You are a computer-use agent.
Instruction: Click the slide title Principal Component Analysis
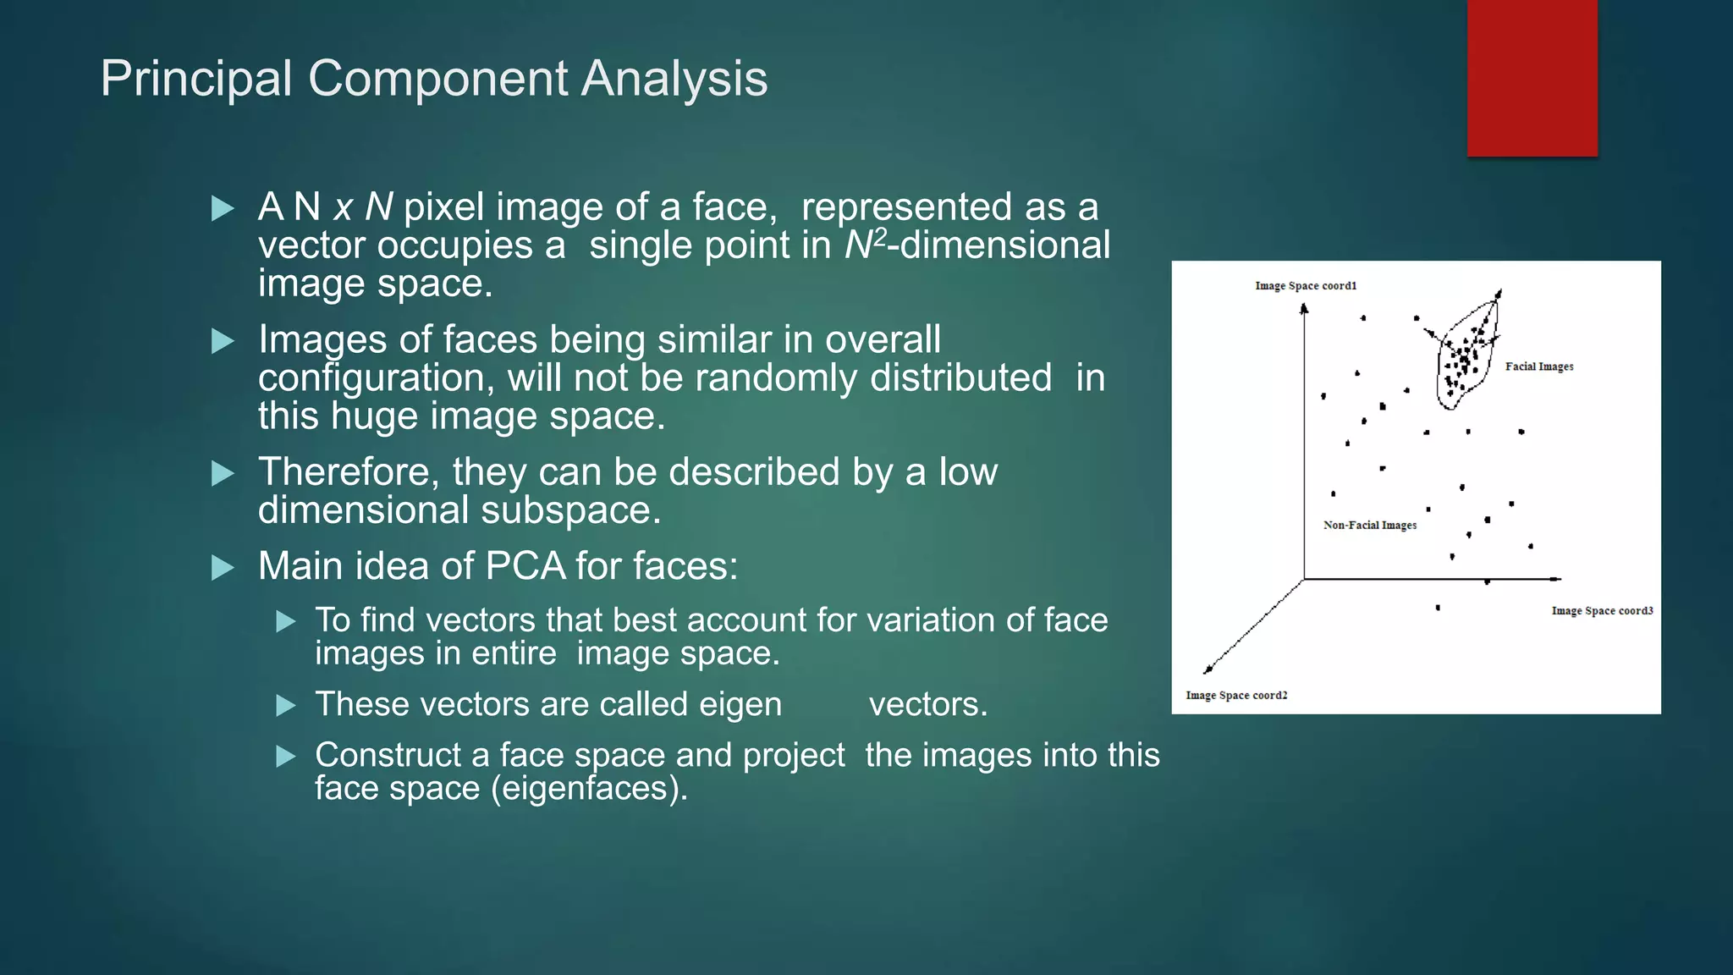click(x=433, y=79)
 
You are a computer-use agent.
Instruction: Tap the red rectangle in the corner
click(x=1532, y=78)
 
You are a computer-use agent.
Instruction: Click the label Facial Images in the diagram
click(x=1538, y=366)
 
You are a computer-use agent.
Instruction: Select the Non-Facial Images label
click(x=1369, y=526)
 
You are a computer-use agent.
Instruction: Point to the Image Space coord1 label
click(x=1305, y=286)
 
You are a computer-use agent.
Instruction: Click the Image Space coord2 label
click(x=1235, y=696)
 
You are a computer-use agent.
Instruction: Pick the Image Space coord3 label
click(x=1601, y=611)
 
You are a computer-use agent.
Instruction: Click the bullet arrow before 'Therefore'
click(x=223, y=473)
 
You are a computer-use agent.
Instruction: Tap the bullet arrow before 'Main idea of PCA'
click(x=223, y=567)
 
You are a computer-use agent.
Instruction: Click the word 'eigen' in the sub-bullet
click(x=740, y=705)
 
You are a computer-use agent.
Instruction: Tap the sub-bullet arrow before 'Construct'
click(x=286, y=756)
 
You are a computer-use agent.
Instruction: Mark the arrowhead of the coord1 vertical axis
click(x=1304, y=309)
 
